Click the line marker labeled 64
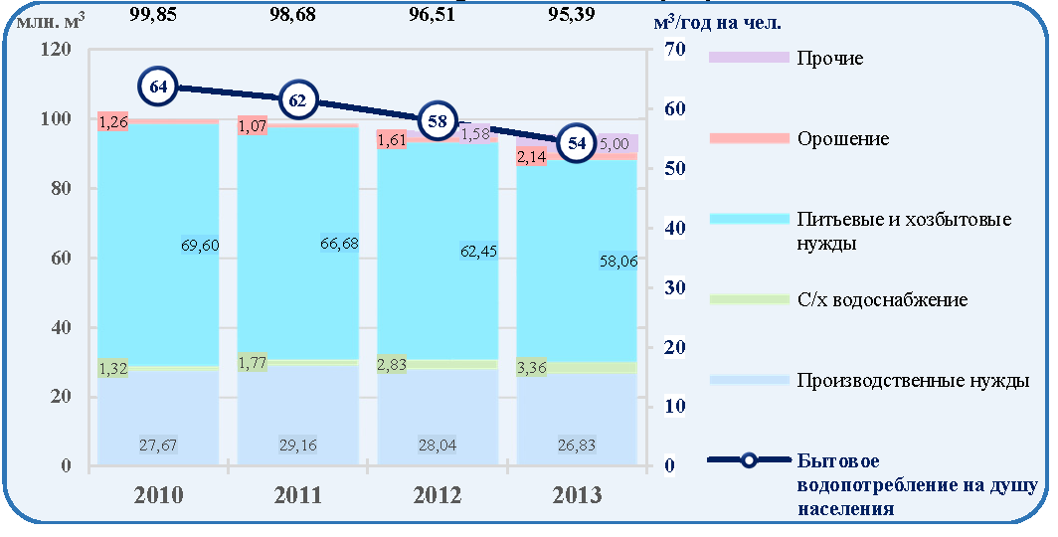click(x=158, y=88)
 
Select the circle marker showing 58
click(x=438, y=121)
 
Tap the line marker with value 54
click(x=577, y=144)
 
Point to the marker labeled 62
click(x=297, y=100)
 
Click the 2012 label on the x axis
click(x=438, y=495)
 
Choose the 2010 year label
click(x=158, y=495)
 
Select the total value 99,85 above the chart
click(x=153, y=14)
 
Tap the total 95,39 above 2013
click(x=572, y=14)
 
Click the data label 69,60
click(x=201, y=245)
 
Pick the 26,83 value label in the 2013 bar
click(x=577, y=446)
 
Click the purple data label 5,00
click(x=615, y=144)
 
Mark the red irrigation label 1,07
click(x=253, y=125)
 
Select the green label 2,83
click(x=392, y=365)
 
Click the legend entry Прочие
click(x=830, y=58)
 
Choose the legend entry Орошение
click(x=843, y=139)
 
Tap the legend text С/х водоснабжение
click(x=883, y=300)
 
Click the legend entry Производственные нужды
click(x=913, y=381)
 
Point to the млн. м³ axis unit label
click(x=52, y=22)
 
